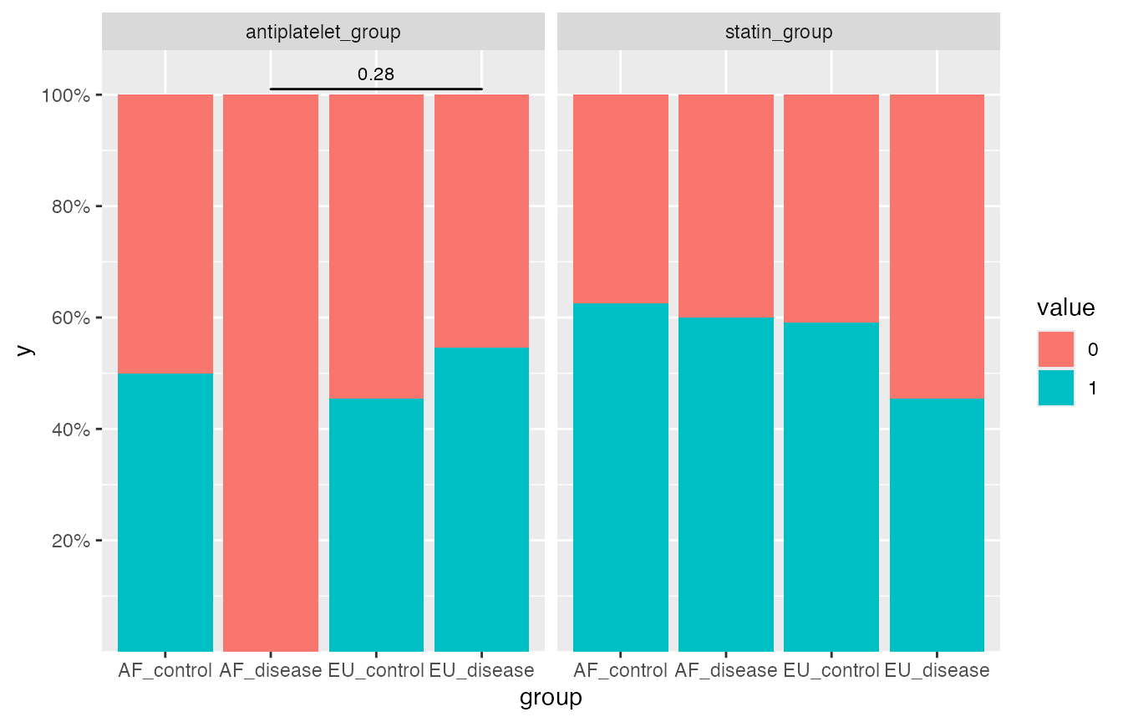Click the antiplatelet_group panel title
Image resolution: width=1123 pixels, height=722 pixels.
click(323, 33)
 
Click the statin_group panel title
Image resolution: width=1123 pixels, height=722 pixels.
click(778, 33)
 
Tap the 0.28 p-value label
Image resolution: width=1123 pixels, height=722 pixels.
click(375, 74)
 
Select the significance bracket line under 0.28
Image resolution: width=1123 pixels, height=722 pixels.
click(376, 89)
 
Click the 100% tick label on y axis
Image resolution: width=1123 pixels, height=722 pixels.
click(65, 95)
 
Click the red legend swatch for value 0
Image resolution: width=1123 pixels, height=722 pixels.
click(1056, 349)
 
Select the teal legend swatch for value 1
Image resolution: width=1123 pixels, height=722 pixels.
click(1056, 388)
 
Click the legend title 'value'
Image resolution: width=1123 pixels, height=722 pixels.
click(1065, 308)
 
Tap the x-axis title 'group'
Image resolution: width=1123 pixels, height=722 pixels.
click(551, 698)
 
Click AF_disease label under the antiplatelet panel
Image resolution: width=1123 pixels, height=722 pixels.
click(271, 670)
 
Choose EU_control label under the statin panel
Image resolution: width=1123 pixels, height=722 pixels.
click(831, 670)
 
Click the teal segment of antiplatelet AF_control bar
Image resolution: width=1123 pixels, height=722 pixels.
click(165, 512)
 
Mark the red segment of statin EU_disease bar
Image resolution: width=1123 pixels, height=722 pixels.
click(937, 247)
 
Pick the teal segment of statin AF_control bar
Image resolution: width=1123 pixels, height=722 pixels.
click(620, 477)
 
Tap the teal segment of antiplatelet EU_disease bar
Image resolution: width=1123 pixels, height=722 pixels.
click(481, 499)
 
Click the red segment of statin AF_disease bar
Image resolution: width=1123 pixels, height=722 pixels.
click(725, 206)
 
